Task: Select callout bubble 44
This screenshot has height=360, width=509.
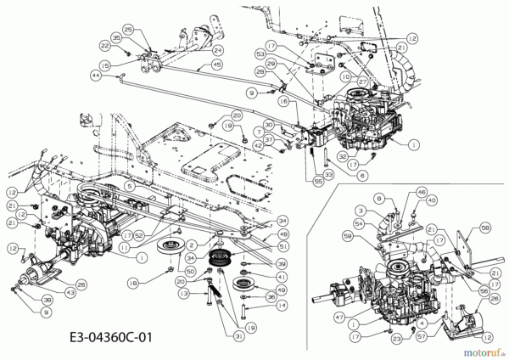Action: coord(96,76)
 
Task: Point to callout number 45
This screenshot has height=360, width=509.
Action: coord(217,65)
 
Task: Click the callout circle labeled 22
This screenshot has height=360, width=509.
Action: coord(105,44)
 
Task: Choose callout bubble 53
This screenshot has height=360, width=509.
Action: coord(260,52)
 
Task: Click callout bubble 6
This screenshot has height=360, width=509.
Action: coord(361,176)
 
